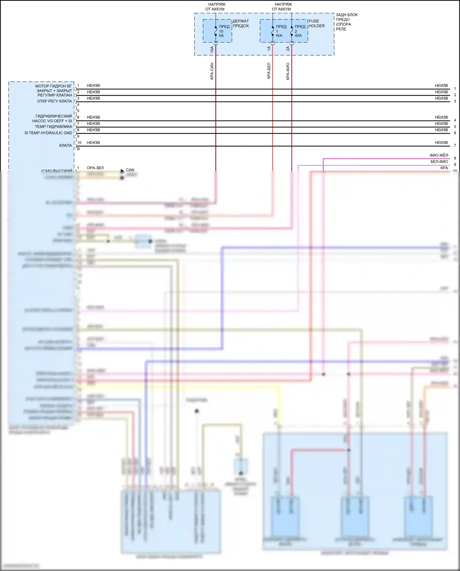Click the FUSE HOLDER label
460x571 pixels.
pyautogui.click(x=316, y=23)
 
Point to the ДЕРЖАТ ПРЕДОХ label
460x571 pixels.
pyautogui.click(x=241, y=23)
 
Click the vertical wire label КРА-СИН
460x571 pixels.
pyautogui.click(x=212, y=71)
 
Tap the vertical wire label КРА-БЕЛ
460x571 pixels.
pyautogui.click(x=269, y=71)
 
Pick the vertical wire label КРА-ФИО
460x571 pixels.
pyautogui.click(x=288, y=71)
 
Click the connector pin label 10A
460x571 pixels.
pyautogui.click(x=212, y=49)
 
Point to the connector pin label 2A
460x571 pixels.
pyautogui.click(x=288, y=48)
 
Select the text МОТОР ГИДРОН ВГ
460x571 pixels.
pyautogui.click(x=53, y=86)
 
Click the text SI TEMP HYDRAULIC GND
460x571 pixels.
pyautogui.click(x=48, y=133)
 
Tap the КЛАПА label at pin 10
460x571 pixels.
pyautogui.click(x=65, y=145)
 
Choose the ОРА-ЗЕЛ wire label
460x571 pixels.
pyautogui.click(x=95, y=168)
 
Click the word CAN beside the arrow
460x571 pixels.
pyautogui.click(x=130, y=170)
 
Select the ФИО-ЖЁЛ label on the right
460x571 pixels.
pyautogui.click(x=439, y=155)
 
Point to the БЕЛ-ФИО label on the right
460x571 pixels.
pyautogui.click(x=439, y=162)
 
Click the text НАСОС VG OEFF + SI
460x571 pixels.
pyautogui.click(x=52, y=121)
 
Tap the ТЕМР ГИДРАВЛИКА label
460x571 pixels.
pyautogui.click(x=53, y=127)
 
